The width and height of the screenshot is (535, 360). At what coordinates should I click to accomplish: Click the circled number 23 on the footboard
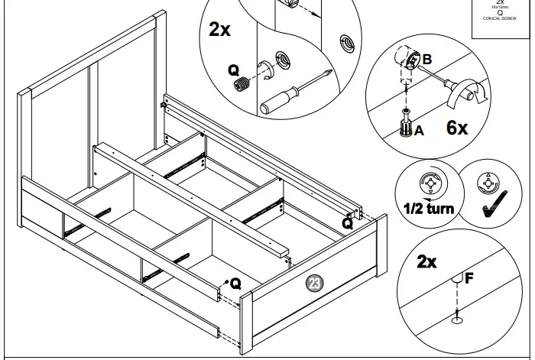tap(313, 284)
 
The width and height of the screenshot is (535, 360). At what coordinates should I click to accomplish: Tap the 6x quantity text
tap(456, 128)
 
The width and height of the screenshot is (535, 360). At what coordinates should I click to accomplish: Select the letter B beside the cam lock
tap(427, 58)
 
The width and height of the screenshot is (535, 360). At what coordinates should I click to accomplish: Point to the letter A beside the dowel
tap(418, 131)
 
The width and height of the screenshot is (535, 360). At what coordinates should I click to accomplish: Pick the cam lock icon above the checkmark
tap(486, 183)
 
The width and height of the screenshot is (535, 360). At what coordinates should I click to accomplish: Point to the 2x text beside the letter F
tap(426, 262)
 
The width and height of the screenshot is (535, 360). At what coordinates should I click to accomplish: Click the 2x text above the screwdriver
tap(222, 29)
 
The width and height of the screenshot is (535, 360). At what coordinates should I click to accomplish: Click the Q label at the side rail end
tap(348, 223)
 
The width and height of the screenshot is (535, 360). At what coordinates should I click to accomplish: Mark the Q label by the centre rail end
tap(235, 283)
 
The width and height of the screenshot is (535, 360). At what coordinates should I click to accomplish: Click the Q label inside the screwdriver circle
tap(234, 70)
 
